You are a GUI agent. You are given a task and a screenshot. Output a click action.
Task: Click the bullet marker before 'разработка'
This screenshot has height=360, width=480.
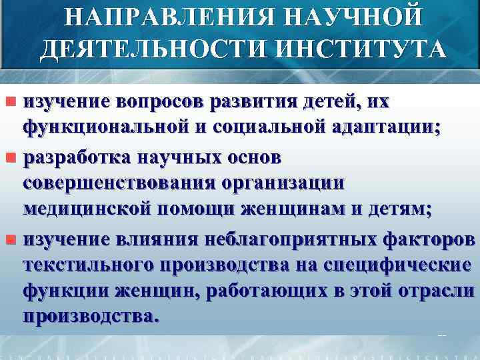10,159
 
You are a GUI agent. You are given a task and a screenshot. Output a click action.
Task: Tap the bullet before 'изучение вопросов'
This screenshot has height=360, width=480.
10,103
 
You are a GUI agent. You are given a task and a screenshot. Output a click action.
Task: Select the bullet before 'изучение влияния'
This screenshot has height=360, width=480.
10,238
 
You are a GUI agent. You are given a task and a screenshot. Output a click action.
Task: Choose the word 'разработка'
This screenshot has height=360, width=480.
77,159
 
